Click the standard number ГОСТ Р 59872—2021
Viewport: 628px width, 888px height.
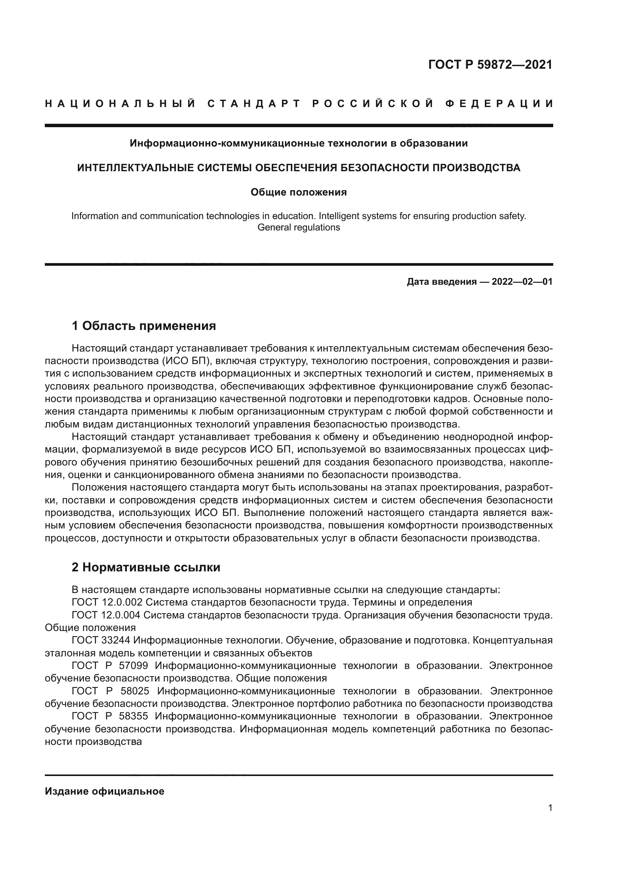point(490,65)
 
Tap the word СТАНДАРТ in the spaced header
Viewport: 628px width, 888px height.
point(254,104)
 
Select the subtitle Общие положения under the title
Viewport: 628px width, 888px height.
point(298,192)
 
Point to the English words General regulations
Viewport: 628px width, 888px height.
point(298,227)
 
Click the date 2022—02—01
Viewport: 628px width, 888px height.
point(522,282)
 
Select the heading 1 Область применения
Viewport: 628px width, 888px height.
point(144,326)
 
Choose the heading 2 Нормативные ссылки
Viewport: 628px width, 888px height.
point(146,567)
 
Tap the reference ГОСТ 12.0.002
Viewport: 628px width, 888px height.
point(107,602)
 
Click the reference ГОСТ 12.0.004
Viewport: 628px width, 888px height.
point(107,615)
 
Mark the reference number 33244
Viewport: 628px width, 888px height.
point(116,640)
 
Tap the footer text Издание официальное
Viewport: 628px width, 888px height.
point(104,791)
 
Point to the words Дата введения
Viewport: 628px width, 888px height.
point(441,282)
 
